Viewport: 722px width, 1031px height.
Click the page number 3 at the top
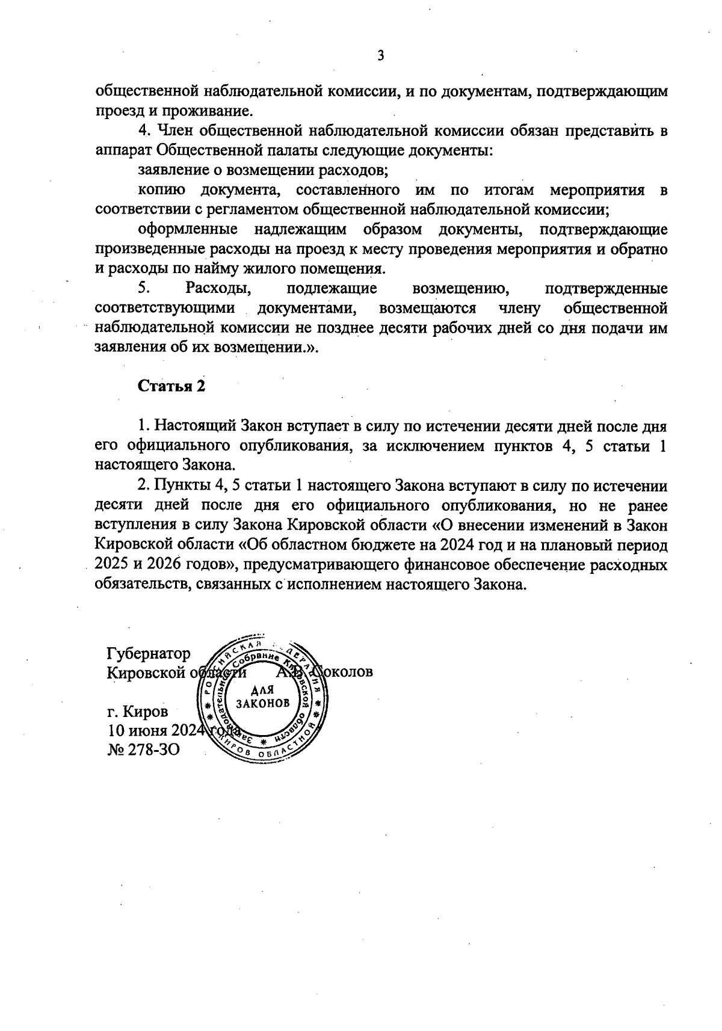[380, 57]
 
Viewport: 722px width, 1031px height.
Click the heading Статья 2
[171, 386]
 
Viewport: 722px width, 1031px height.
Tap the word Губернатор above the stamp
[149, 653]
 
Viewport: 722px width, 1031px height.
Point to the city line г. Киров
[138, 712]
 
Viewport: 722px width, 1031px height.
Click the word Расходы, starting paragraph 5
[218, 288]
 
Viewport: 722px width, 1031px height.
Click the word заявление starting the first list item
[171, 170]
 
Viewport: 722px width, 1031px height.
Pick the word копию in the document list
[161, 190]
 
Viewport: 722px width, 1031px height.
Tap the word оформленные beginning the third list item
[188, 229]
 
